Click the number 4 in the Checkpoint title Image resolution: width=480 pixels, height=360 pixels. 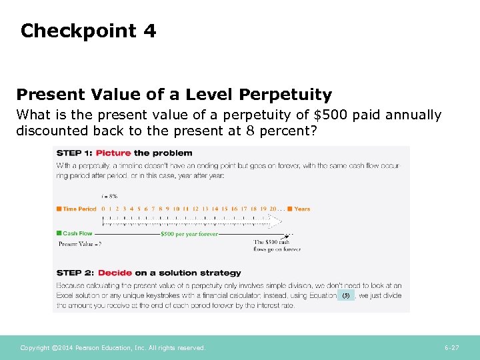click(x=149, y=31)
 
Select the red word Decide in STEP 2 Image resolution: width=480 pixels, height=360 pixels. click(x=115, y=273)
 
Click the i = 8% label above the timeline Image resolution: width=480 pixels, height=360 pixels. click(x=109, y=196)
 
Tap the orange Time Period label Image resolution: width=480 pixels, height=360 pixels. click(x=79, y=209)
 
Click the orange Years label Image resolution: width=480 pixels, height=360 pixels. click(x=302, y=209)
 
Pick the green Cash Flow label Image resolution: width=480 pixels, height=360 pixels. click(x=77, y=233)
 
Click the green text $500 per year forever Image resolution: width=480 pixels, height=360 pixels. click(x=189, y=234)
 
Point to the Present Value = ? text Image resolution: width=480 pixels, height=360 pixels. click(x=80, y=244)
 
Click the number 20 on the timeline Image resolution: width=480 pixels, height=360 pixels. click(x=272, y=209)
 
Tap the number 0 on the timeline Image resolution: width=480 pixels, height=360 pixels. click(x=103, y=209)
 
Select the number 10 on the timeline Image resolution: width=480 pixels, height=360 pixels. click(x=176, y=209)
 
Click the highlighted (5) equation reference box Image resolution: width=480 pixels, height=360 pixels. click(x=345, y=295)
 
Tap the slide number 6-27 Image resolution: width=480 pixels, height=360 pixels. click(x=451, y=348)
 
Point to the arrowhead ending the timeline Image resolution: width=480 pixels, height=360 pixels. click(x=291, y=234)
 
